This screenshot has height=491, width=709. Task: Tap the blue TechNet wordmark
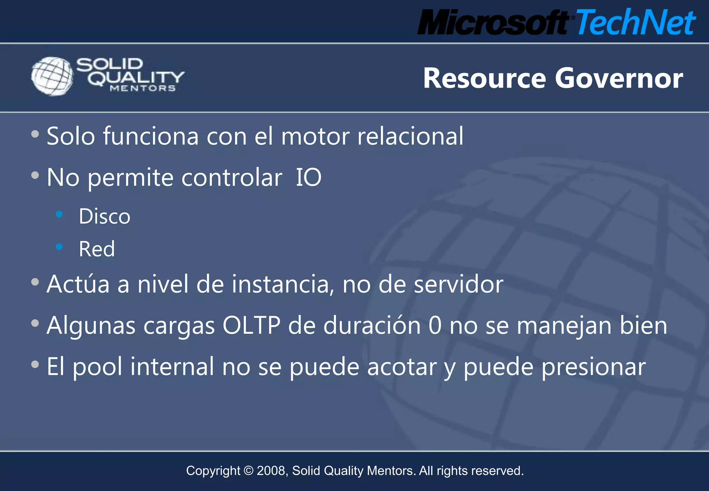click(636, 22)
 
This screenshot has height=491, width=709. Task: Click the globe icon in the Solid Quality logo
click(52, 76)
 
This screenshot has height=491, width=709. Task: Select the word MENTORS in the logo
click(143, 89)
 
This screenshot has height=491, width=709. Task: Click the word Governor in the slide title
click(619, 78)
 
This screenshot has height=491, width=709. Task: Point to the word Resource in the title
click(485, 78)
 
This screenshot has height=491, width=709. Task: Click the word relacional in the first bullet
click(410, 136)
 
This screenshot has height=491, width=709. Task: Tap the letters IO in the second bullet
click(308, 177)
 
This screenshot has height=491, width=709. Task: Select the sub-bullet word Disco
click(105, 217)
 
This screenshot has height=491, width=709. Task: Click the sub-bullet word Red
click(97, 249)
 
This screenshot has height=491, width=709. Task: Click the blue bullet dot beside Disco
click(59, 214)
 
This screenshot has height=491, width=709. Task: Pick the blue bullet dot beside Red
click(59, 247)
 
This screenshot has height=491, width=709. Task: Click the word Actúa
click(78, 284)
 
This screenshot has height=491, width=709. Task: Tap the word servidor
click(458, 284)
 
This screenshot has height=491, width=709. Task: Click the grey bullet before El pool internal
click(35, 364)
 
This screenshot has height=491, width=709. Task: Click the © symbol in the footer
click(249, 471)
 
